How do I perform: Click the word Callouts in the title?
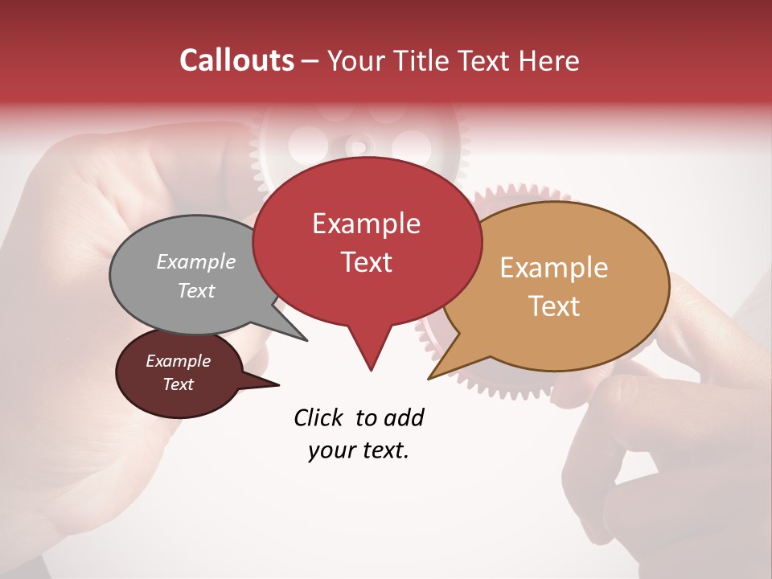point(236,60)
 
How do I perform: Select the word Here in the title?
point(548,60)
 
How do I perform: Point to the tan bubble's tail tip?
point(431,377)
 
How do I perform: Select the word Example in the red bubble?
point(366,224)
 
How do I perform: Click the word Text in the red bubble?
point(366,262)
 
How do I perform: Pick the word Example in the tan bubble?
point(554,268)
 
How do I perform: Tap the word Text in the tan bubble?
point(554,306)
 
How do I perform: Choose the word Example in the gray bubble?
point(196,262)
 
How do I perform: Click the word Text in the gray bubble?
point(196,291)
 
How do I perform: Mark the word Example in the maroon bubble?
point(178,361)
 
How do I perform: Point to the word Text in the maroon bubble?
point(178,384)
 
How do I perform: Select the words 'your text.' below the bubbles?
point(359,451)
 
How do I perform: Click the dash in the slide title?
point(311,60)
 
